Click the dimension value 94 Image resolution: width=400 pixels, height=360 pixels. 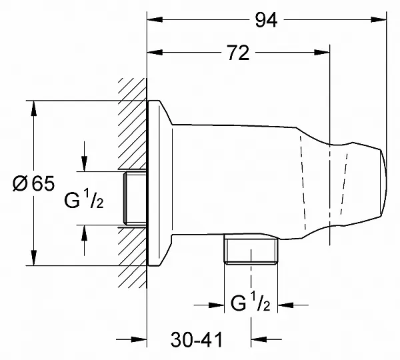pyautogui.click(x=266, y=20)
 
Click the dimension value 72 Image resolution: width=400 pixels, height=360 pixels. pyautogui.click(x=238, y=53)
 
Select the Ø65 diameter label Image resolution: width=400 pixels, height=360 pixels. pyautogui.click(x=33, y=183)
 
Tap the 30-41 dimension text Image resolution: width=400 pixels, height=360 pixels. pyautogui.click(x=197, y=340)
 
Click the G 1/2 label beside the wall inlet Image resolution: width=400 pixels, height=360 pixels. pyautogui.click(x=84, y=199)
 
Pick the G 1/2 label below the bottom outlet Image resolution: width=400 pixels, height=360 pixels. pyautogui.click(x=250, y=301)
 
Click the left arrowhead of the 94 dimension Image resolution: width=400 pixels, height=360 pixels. pyautogui.click(x=155, y=19)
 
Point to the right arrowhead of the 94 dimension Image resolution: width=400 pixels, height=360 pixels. pyautogui.click(x=379, y=19)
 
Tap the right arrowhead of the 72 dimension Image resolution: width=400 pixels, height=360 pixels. pyautogui.click(x=322, y=53)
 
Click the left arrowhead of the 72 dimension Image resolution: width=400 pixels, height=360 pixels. pyautogui.click(x=155, y=53)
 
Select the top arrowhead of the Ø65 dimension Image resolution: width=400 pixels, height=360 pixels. pyautogui.click(x=33, y=109)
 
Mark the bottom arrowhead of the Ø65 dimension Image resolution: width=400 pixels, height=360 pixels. pyautogui.click(x=33, y=258)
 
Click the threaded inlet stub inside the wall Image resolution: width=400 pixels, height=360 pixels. pyautogui.click(x=135, y=198)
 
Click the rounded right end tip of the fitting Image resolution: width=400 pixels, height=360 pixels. pyautogui.click(x=387, y=183)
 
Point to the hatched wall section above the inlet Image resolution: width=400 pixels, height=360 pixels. pyautogui.click(x=133, y=123)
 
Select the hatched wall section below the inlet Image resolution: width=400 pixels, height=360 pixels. pyautogui.click(x=133, y=258)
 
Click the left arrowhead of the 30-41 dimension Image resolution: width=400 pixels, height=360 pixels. pyautogui.click(x=139, y=339)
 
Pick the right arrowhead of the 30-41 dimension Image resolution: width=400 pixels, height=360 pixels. pyautogui.click(x=259, y=339)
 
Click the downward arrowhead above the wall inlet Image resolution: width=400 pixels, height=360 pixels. pyautogui.click(x=84, y=163)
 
